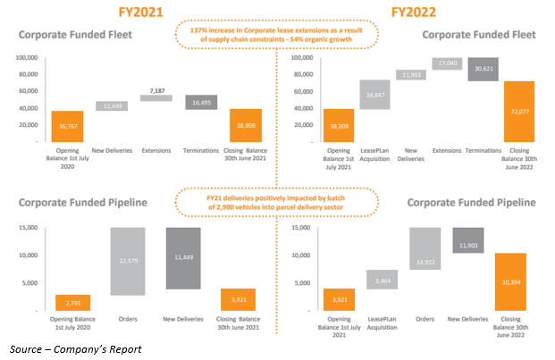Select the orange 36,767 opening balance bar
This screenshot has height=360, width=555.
coord(69,126)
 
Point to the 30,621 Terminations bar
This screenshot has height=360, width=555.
coord(484,69)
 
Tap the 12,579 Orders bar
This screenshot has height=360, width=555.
coord(128,261)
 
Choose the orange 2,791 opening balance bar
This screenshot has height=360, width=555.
coord(73,301)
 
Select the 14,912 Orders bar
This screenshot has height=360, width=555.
coord(422,261)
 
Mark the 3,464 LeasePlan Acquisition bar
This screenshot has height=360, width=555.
coord(382,280)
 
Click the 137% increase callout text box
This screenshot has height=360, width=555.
coord(278,35)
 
